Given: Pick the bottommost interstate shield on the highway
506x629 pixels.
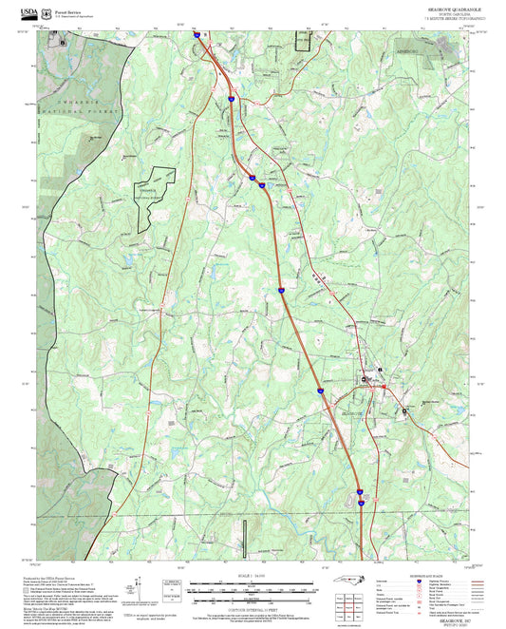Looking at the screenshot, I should coord(361,504).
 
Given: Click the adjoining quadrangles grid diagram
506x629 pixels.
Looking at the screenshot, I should coord(348,607).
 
